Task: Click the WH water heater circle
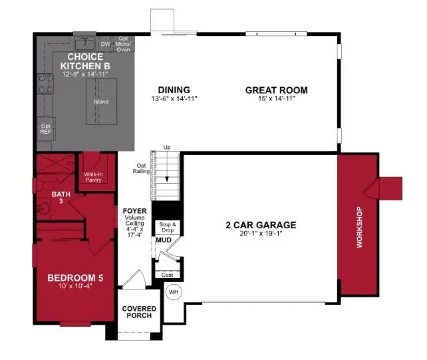(174, 292)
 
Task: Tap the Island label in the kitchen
(100, 102)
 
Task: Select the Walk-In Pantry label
(93, 176)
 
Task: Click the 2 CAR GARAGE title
(261, 225)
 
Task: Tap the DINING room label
(174, 90)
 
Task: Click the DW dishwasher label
(104, 45)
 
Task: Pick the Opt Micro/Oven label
(124, 44)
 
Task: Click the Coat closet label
(166, 274)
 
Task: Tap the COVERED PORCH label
(140, 312)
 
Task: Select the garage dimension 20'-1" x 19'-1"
(261, 234)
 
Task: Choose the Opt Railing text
(141, 168)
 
